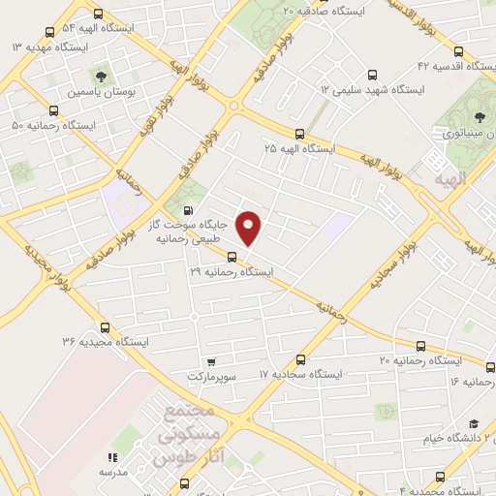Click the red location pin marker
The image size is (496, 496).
pos(250,227)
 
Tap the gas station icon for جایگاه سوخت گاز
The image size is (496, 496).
pos(188,212)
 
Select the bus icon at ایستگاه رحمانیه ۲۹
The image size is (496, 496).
pos(232,257)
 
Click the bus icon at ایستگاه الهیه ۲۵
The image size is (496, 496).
pos(298,135)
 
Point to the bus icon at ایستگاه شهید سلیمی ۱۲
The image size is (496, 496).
pos(373,75)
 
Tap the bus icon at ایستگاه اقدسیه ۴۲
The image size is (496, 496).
pos(458,51)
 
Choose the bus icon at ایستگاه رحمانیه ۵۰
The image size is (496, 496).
pos(52,111)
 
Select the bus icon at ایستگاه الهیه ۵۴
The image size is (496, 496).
pos(99,15)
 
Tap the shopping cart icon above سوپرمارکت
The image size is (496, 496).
pos(211,360)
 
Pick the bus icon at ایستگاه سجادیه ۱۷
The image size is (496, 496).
pos(300,359)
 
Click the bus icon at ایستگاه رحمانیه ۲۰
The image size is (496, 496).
pos(419,346)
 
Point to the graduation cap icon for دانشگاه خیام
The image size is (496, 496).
pos(474,424)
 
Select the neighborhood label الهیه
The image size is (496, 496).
pos(451,180)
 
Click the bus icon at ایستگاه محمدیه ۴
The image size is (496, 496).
pos(441,477)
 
